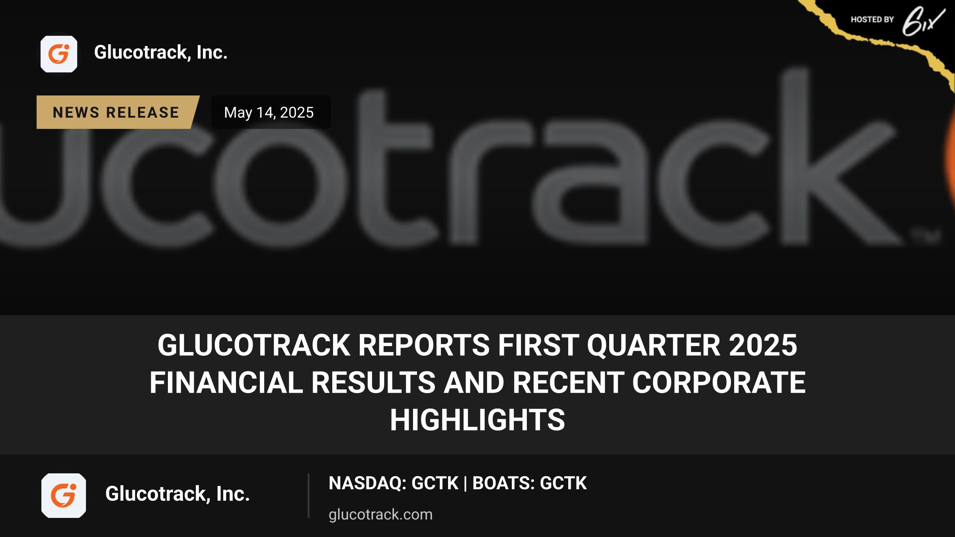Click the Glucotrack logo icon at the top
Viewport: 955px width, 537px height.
59,54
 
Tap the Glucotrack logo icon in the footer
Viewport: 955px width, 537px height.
64,495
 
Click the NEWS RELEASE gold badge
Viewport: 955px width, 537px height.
116,112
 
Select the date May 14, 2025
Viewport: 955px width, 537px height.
269,113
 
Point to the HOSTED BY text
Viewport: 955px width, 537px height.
872,19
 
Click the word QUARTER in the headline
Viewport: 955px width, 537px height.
653,345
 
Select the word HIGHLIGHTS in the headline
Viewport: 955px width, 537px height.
477,420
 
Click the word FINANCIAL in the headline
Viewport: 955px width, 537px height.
226,382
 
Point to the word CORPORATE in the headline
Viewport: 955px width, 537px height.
719,382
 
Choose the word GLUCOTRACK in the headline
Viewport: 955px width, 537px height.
254,345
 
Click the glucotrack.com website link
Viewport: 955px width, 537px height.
380,514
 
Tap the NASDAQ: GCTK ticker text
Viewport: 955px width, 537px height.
394,483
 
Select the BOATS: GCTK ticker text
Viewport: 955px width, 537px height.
530,483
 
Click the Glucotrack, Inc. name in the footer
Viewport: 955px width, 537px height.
177,494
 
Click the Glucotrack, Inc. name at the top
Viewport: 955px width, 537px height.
161,53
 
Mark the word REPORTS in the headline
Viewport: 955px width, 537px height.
424,345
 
